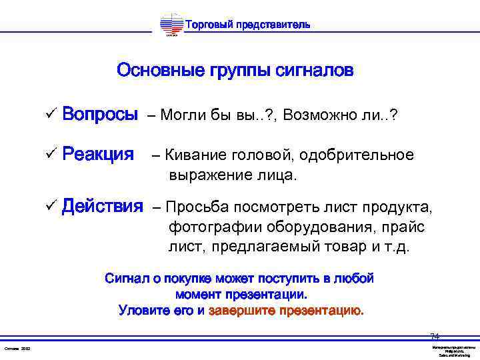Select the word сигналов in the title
(315, 70)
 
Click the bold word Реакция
(98, 155)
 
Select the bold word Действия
(103, 206)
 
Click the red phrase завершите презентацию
(286, 310)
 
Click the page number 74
(435, 336)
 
